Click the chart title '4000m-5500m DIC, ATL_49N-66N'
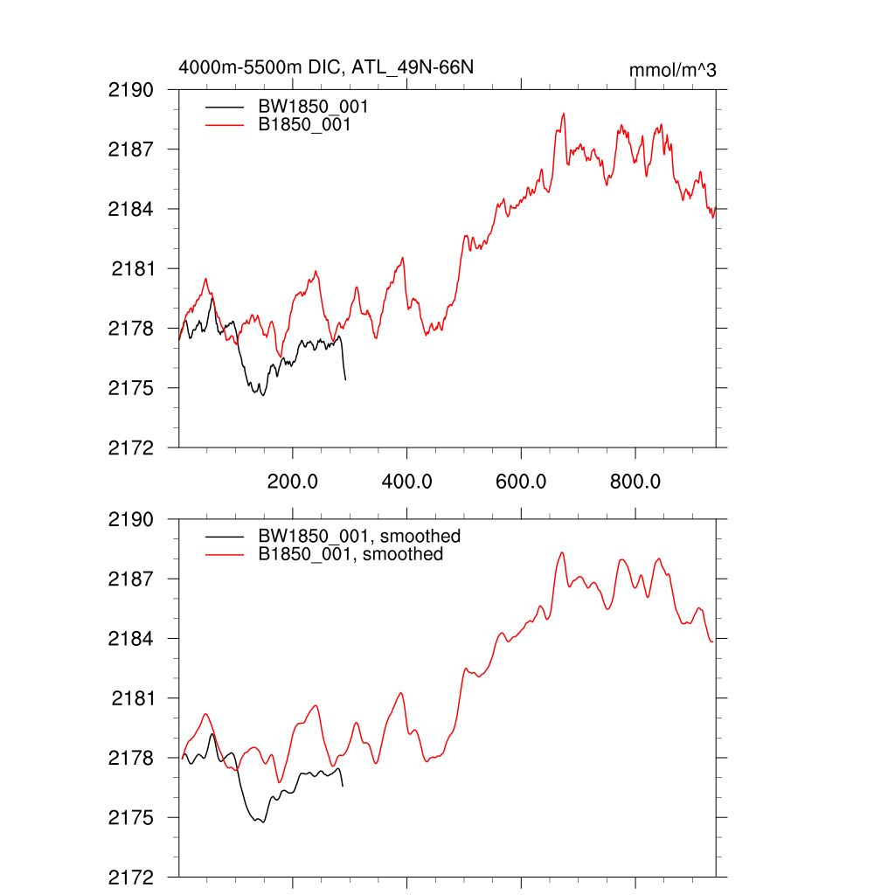(326, 66)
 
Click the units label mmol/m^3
(672, 70)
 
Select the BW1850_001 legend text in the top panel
(312, 107)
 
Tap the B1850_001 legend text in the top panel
(304, 126)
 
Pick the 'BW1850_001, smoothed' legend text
(359, 536)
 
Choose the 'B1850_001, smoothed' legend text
(350, 554)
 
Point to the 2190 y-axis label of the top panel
(131, 90)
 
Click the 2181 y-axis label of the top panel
(133, 268)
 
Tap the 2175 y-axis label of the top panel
(131, 388)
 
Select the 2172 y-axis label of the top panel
(131, 447)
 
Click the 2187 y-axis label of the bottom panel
(131, 579)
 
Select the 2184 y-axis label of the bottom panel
(131, 639)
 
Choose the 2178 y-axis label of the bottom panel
(131, 759)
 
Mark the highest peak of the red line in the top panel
(565, 114)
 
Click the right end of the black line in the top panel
(345, 379)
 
